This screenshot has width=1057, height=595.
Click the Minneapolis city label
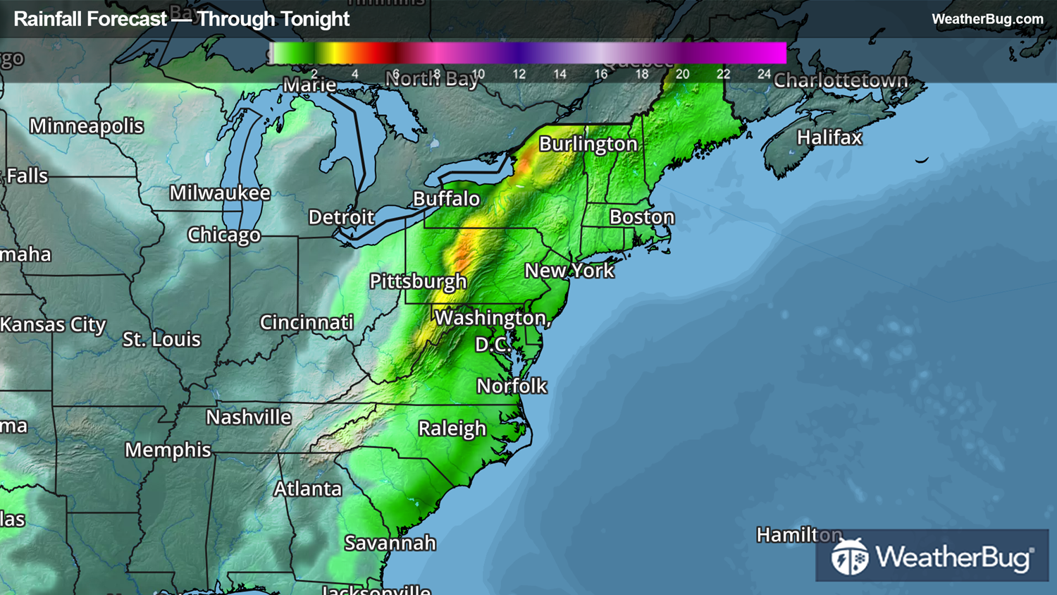tap(86, 126)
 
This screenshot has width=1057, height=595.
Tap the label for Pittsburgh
tap(418, 281)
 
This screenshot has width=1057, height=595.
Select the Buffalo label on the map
tap(446, 199)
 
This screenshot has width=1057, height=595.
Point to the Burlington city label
tap(588, 144)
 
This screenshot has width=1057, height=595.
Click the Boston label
tap(641, 217)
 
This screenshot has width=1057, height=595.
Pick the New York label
tap(569, 270)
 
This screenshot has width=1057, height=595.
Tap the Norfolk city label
tap(512, 386)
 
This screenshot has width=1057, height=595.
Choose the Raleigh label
tap(452, 429)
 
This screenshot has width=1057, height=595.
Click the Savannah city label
tap(390, 543)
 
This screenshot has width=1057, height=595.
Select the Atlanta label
tap(307, 489)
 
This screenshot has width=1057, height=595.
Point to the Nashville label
tap(248, 417)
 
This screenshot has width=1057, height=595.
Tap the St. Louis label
tap(161, 340)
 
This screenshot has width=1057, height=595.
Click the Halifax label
tap(829, 137)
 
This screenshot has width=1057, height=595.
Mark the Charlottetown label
tap(840, 81)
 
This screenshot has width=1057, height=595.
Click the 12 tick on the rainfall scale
tap(519, 74)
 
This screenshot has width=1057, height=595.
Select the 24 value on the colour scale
tap(764, 74)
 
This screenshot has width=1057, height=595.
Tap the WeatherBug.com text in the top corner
tap(987, 19)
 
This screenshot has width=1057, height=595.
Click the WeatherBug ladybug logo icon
tap(849, 557)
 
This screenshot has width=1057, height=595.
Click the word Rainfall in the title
tap(51, 19)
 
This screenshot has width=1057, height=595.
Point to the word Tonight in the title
tap(312, 19)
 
